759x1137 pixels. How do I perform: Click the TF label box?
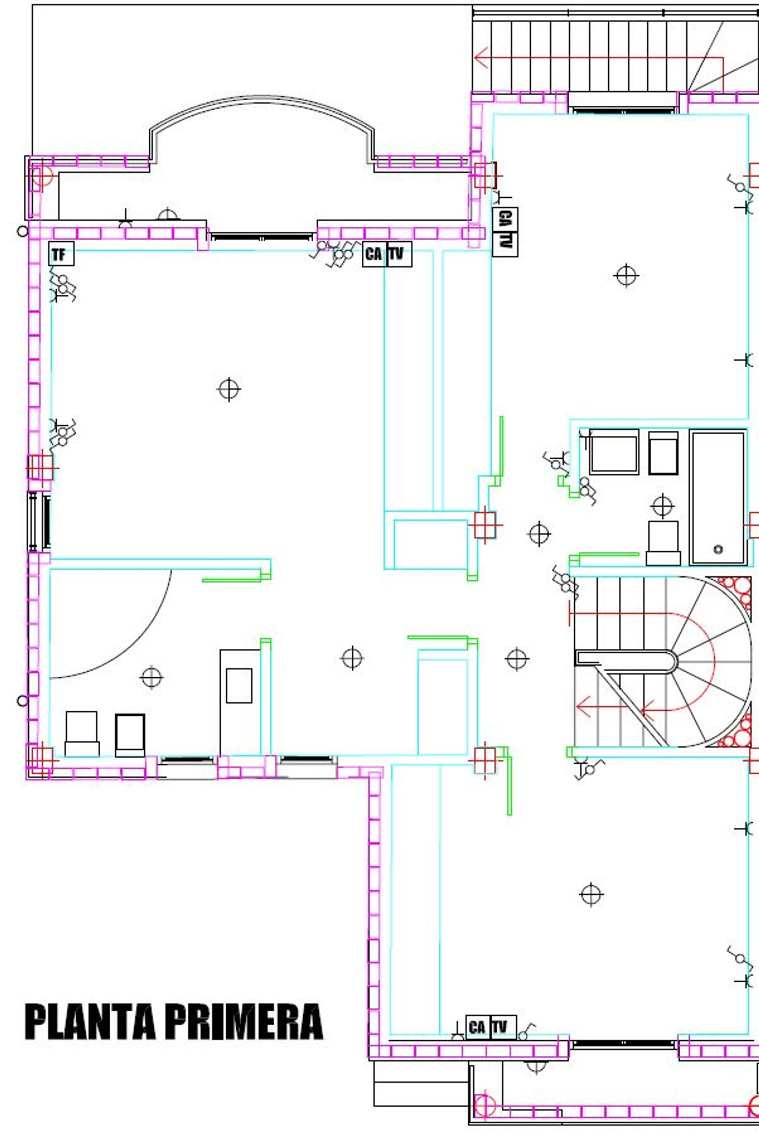[x=61, y=254]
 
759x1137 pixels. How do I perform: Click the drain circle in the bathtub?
[x=718, y=549]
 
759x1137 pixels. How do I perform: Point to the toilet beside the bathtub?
[x=663, y=543]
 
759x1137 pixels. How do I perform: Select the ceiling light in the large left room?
[x=229, y=389]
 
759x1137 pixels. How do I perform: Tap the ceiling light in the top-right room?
[x=626, y=276]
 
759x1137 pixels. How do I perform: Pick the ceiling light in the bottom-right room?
[x=591, y=895]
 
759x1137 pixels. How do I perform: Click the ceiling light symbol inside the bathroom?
[x=662, y=506]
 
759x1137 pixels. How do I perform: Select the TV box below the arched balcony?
[x=399, y=254]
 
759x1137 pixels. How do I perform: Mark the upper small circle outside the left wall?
[x=22, y=232]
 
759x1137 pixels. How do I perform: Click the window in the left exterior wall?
[x=39, y=521]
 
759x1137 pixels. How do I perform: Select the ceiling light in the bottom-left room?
[x=151, y=678]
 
